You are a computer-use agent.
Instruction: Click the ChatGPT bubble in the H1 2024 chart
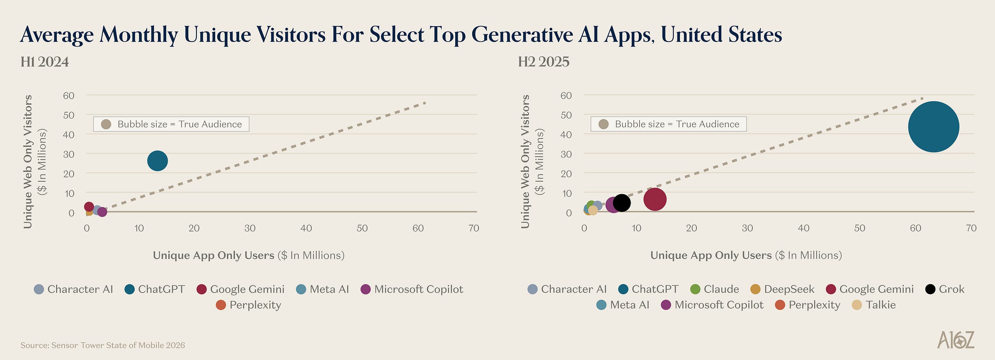point(158,161)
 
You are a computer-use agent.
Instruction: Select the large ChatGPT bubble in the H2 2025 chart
point(934,127)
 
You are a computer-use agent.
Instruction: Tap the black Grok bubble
point(622,203)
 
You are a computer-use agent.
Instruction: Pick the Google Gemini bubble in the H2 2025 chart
point(655,199)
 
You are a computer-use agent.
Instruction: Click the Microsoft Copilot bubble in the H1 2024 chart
point(102,212)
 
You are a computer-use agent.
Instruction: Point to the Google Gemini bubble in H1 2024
point(89,207)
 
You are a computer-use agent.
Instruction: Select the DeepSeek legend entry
point(782,289)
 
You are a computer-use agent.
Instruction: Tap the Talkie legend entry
point(874,305)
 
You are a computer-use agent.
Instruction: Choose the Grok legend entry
point(945,289)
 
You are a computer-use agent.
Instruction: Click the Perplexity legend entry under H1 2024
point(248,305)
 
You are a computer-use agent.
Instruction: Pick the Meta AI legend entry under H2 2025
point(623,305)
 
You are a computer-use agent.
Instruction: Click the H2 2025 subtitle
point(544,62)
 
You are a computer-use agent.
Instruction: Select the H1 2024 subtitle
point(45,62)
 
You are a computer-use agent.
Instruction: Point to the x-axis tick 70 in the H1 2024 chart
point(473,228)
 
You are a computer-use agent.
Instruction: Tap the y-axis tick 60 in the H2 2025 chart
point(566,95)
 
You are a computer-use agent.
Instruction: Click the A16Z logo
point(955,340)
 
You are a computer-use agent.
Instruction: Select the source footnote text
point(102,345)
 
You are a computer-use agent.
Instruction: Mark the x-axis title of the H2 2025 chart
point(746,255)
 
